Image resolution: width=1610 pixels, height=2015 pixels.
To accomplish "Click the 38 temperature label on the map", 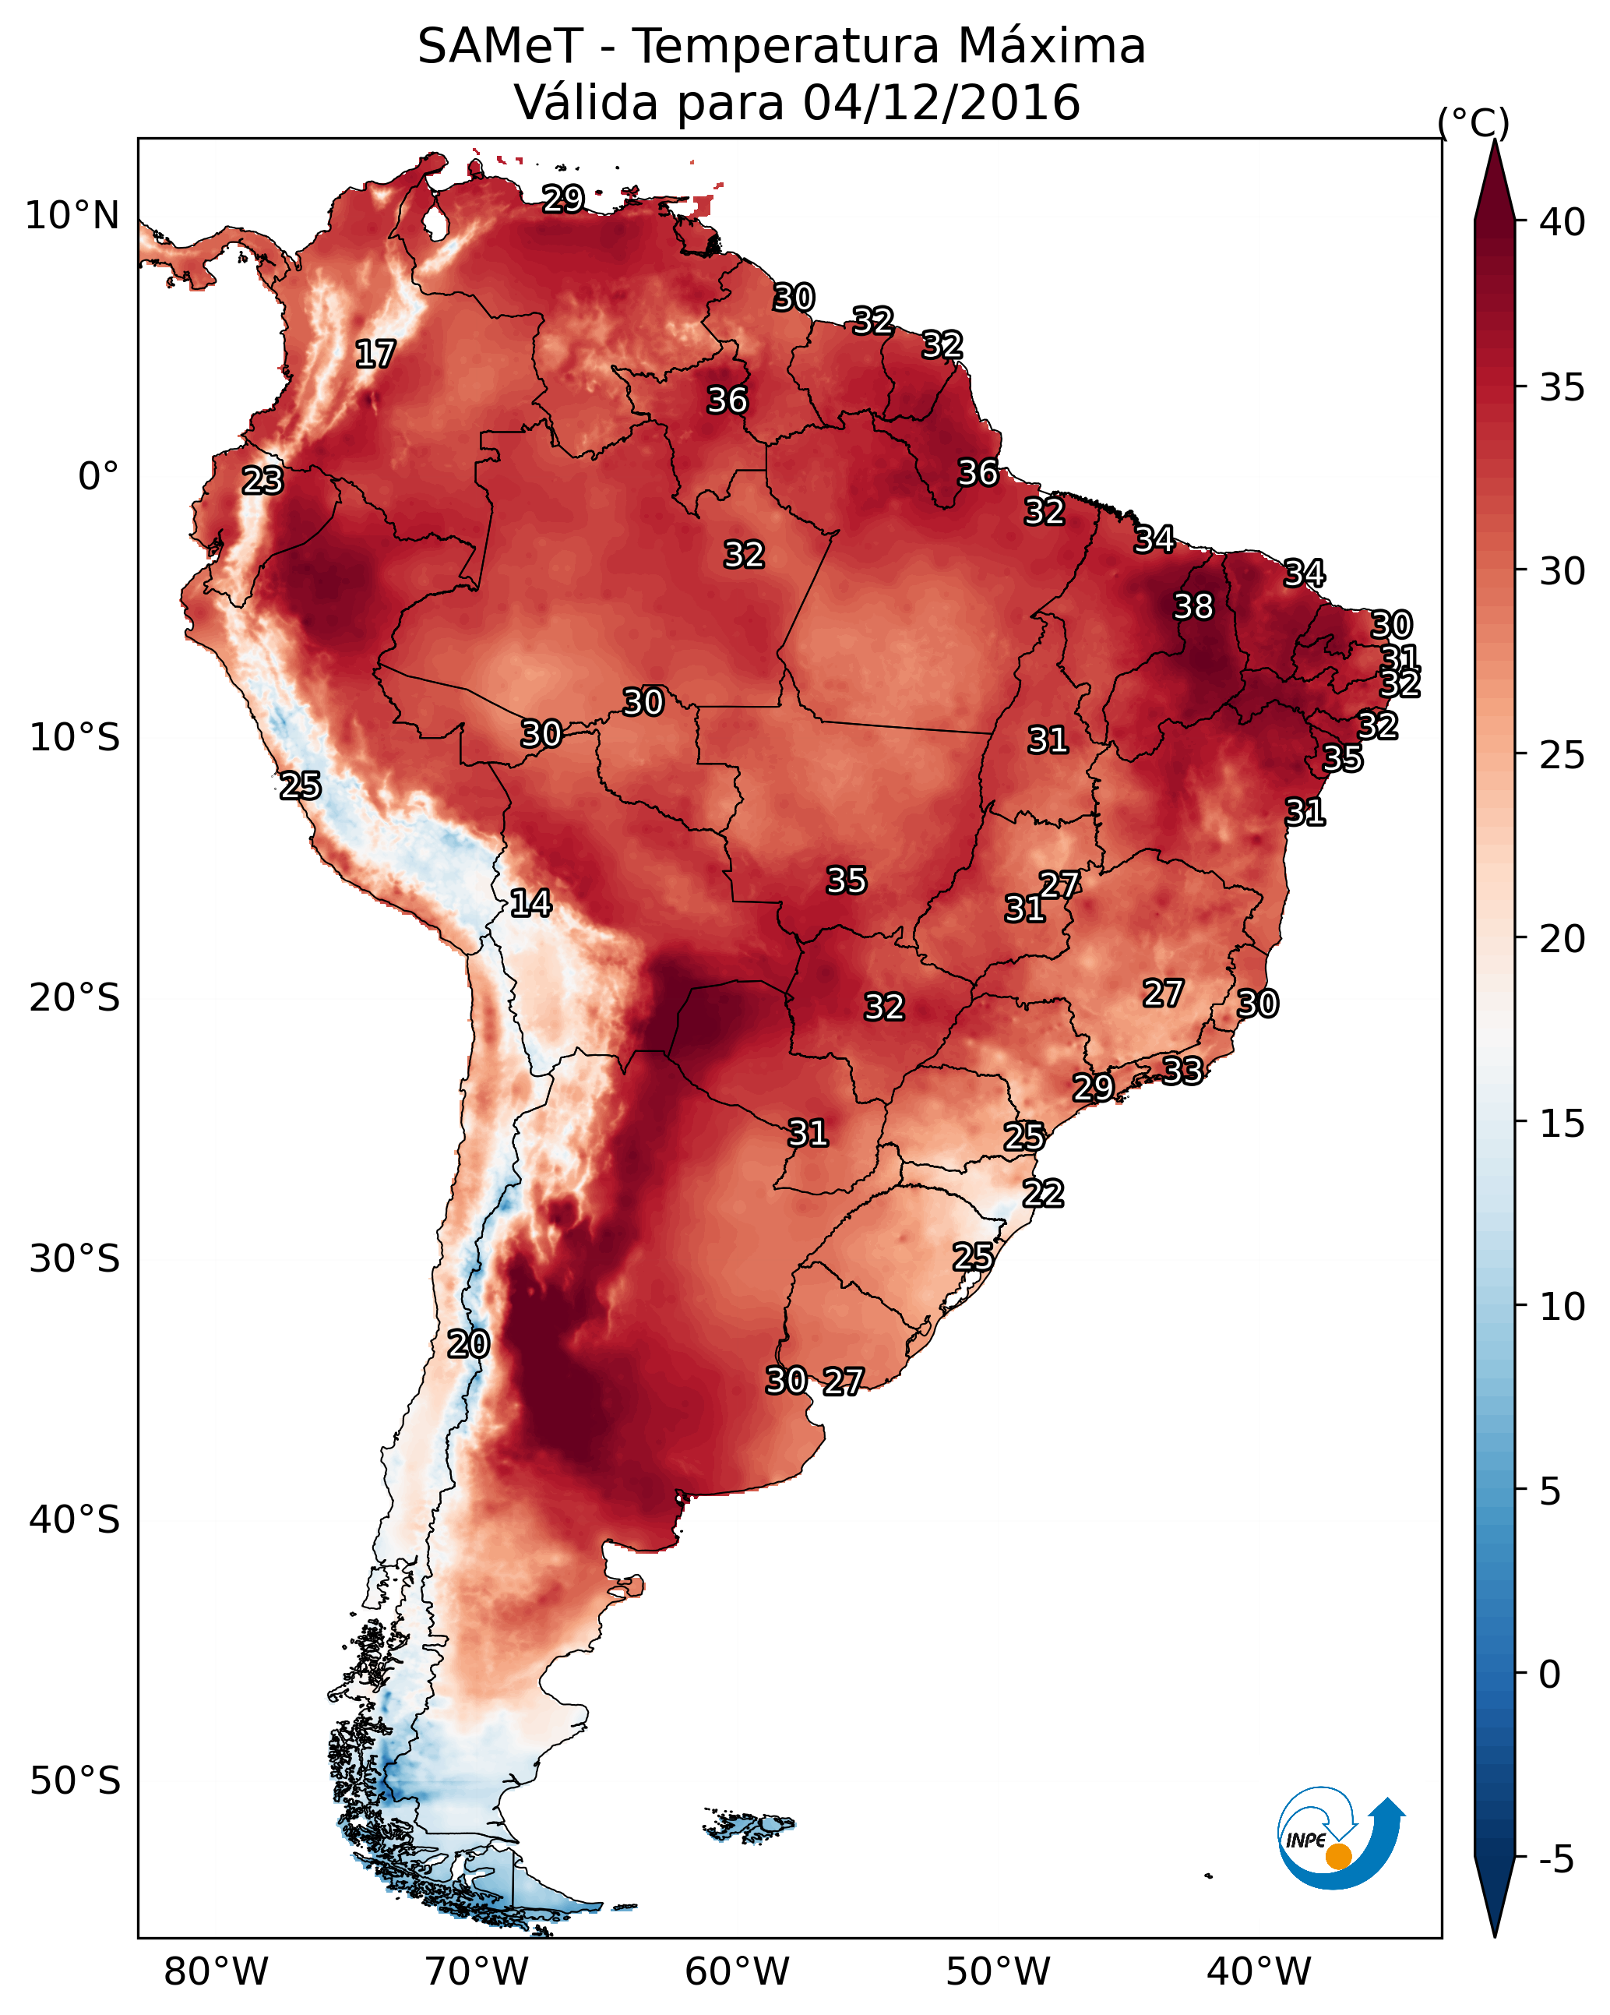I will click(x=1193, y=606).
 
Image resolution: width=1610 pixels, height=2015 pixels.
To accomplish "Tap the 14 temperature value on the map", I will click(x=530, y=903).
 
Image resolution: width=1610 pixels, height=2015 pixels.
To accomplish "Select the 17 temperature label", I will click(x=375, y=355).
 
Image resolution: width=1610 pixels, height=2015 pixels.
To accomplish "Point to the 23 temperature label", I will click(x=262, y=481).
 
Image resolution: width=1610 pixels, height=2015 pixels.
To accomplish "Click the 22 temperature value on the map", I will click(x=1043, y=1194).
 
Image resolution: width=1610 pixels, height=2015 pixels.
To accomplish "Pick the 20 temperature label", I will click(x=468, y=1344).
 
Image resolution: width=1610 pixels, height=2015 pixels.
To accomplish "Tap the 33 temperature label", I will click(x=1182, y=1070).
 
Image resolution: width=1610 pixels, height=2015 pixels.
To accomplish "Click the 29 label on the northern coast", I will click(x=563, y=198).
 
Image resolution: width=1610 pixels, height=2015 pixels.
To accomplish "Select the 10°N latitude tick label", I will click(x=72, y=216).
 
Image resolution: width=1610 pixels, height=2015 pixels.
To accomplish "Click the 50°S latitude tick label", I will click(x=75, y=1781).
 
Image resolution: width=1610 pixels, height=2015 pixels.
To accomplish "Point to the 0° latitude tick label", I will click(x=98, y=477).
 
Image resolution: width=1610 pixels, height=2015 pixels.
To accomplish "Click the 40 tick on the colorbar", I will click(x=1562, y=222).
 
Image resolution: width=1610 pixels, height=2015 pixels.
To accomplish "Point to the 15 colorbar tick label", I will click(x=1562, y=1124).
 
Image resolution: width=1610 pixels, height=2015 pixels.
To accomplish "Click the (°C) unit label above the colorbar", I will click(x=1473, y=122).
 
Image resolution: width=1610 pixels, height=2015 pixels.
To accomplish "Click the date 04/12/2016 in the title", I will click(x=941, y=102).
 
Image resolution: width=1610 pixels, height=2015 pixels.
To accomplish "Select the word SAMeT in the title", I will click(x=500, y=47).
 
